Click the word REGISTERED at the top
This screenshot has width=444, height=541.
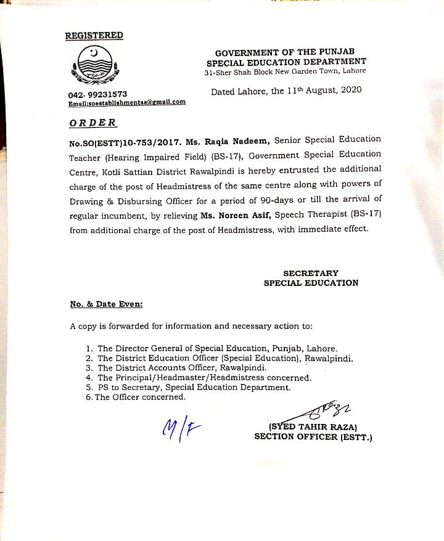pos(94,36)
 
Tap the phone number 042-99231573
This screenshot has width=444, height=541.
pos(98,94)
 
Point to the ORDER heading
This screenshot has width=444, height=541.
pos(92,123)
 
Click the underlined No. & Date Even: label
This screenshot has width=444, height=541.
pos(106,304)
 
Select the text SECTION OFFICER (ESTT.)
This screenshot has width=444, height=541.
pos(313,437)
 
